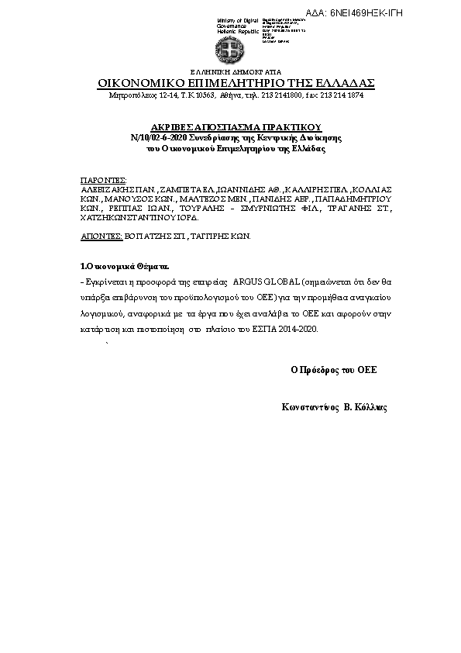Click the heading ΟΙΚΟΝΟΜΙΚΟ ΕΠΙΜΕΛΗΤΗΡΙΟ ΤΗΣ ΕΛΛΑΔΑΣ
pos(236,83)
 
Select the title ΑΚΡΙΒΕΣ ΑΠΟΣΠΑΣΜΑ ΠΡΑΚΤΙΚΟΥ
pos(236,126)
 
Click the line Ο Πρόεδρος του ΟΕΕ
pos(333,369)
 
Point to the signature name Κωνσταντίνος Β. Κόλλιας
pos(335,406)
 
